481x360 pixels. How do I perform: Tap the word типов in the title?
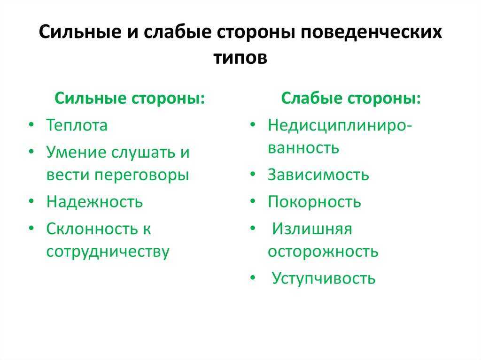[x=240, y=58]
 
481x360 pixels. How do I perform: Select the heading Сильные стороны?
[x=130, y=99]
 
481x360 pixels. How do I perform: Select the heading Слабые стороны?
[x=350, y=99]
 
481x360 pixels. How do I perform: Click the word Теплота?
[x=77, y=125]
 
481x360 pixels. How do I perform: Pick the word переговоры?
[x=141, y=176]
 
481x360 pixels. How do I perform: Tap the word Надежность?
[x=94, y=202]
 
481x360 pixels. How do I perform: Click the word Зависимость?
[x=318, y=175]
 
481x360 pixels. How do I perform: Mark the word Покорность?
[x=314, y=202]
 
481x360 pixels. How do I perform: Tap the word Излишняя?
[x=312, y=229]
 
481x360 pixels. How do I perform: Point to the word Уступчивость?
[x=324, y=279]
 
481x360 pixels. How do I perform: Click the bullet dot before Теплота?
[x=31, y=125]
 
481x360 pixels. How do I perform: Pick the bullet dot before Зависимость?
[x=253, y=175]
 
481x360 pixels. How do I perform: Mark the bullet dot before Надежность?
[x=31, y=201]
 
